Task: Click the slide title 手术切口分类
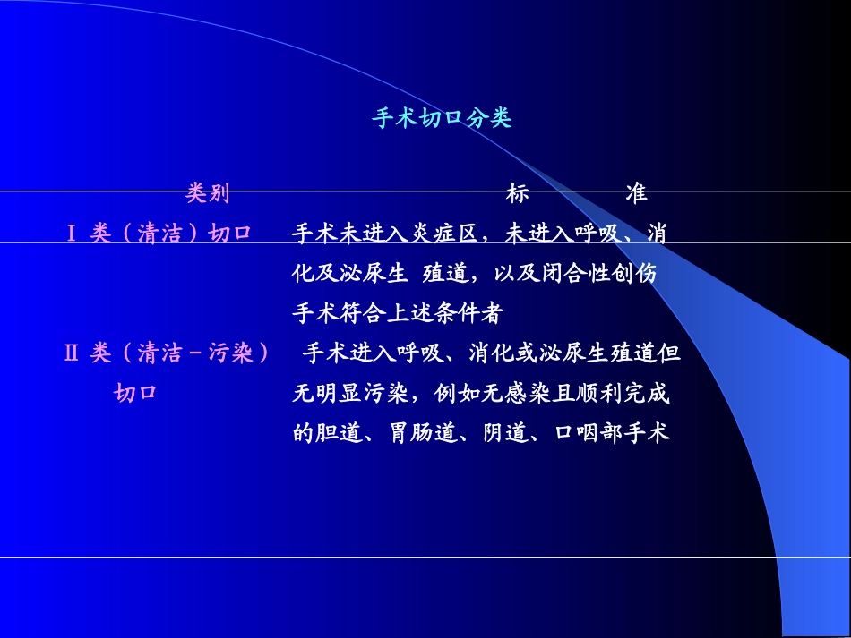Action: click(442, 119)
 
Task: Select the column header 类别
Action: click(208, 193)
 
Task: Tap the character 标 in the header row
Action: click(518, 193)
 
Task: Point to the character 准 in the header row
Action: click(637, 193)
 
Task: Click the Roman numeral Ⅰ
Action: click(71, 234)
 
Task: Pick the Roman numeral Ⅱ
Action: click(72, 353)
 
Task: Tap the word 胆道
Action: click(336, 434)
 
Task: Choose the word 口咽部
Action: click(587, 434)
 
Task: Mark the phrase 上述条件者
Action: click(447, 314)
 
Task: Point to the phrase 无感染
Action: click(508, 394)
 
